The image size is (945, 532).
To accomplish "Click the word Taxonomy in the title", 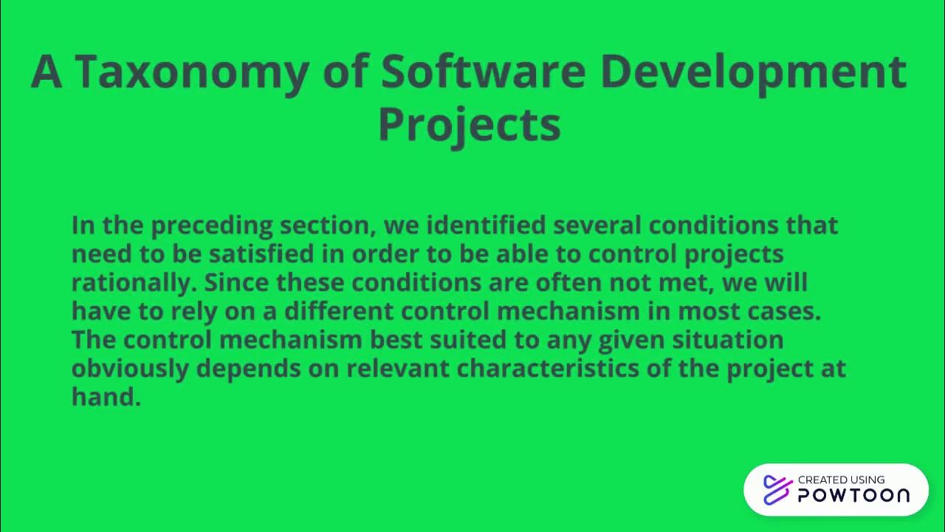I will (190, 72).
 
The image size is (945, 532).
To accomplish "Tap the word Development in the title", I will (753, 72).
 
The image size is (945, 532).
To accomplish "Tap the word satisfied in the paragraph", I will (261, 253).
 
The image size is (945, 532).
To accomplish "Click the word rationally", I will (134, 282).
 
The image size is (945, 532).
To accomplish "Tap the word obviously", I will (130, 369).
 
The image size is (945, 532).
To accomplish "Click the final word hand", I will (106, 397).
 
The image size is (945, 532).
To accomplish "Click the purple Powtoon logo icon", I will (777, 490).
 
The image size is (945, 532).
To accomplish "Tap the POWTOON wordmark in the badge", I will (853, 496).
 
